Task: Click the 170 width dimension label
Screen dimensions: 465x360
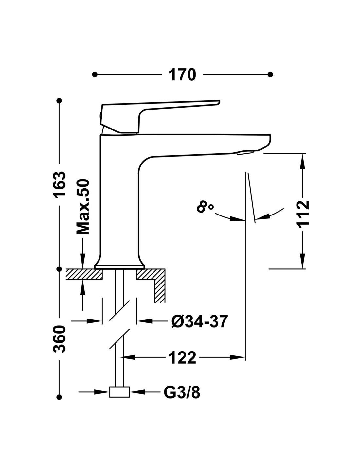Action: pyautogui.click(x=182, y=75)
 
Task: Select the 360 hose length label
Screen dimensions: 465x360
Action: pyautogui.click(x=60, y=338)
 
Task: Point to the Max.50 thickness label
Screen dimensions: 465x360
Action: pyautogui.click(x=83, y=207)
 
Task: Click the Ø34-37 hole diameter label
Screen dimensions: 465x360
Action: pyautogui.click(x=199, y=322)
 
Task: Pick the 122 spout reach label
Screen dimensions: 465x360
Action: pyautogui.click(x=183, y=357)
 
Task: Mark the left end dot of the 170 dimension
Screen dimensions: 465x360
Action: pyautogui.click(x=95, y=75)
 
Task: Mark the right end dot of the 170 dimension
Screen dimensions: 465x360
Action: pyautogui.click(x=270, y=75)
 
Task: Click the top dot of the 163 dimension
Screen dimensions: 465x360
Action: pyautogui.click(x=59, y=100)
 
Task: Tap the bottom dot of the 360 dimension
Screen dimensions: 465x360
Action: pyautogui.click(x=59, y=397)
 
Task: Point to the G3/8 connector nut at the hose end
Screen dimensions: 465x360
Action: pyautogui.click(x=119, y=392)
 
